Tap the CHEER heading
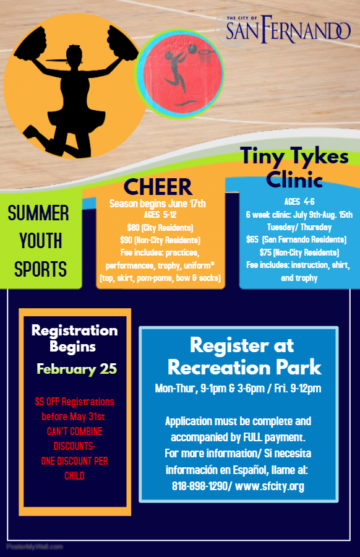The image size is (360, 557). [158, 187]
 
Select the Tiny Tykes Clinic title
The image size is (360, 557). [294, 167]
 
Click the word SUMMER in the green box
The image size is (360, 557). [38, 213]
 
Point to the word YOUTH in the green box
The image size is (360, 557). [40, 241]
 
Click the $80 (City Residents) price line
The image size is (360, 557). [160, 227]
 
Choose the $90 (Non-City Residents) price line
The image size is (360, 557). [160, 240]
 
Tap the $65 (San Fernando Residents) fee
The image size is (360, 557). [296, 240]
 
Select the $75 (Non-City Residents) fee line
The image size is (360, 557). [299, 253]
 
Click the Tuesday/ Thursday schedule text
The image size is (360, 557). [299, 227]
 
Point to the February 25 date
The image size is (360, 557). [77, 369]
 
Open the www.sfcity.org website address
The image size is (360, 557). [270, 486]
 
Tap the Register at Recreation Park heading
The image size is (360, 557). [244, 356]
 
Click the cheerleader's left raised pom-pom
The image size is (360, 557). [30, 43]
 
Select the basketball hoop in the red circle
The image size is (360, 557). [205, 56]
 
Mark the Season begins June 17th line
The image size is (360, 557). [158, 204]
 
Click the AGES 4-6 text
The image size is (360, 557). [299, 202]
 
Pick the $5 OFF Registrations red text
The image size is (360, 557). [75, 402]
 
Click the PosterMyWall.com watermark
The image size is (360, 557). [35, 546]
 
